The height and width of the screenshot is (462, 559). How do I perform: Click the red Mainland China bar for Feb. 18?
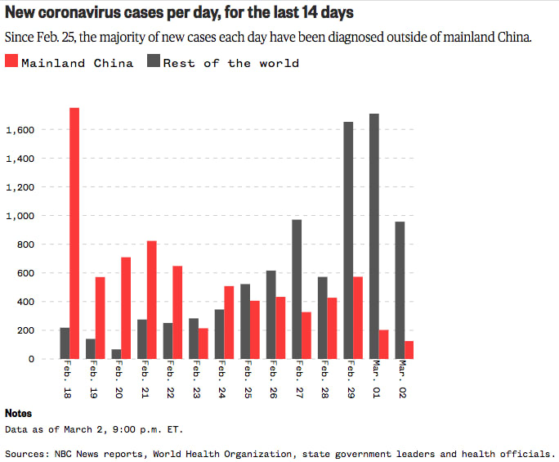[74, 233]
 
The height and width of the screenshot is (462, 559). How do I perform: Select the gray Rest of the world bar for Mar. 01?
[374, 236]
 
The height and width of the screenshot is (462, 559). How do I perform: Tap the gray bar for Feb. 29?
[348, 240]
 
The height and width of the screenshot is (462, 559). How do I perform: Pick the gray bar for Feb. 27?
[297, 289]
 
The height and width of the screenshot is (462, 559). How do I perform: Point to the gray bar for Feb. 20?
[116, 354]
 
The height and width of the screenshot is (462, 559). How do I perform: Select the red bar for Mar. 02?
[409, 350]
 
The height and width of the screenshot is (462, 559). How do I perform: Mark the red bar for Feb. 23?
[203, 343]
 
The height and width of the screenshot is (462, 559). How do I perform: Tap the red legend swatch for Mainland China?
[11, 62]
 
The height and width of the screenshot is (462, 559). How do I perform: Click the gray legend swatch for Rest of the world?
[154, 62]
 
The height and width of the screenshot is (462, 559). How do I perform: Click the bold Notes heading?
[18, 414]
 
